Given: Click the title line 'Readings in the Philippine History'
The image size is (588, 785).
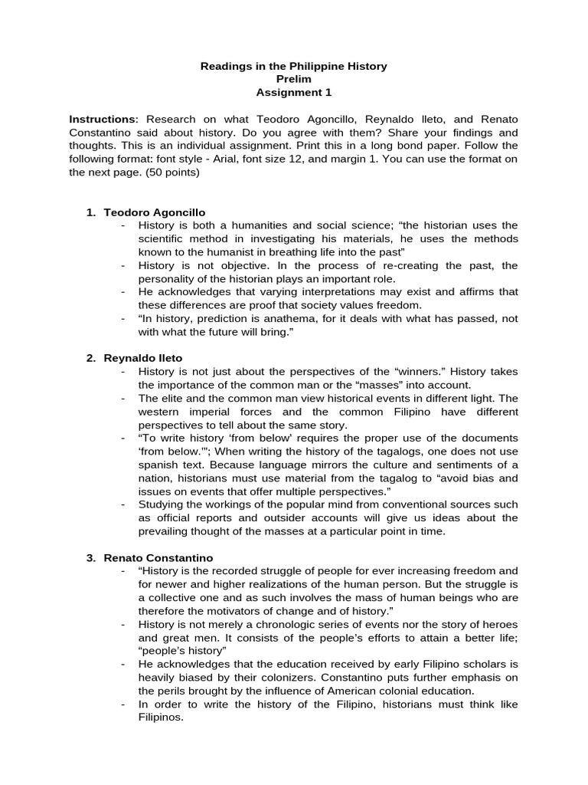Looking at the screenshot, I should tap(293, 67).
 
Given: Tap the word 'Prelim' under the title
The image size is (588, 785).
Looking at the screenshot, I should tap(293, 79).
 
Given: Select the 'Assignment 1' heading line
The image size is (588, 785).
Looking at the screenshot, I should tap(293, 92).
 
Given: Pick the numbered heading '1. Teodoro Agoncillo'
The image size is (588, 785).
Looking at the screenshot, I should tap(145, 212).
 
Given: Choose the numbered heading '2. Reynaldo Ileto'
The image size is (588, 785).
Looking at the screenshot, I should tap(135, 358).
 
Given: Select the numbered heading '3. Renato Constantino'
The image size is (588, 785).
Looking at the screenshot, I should tap(149, 557).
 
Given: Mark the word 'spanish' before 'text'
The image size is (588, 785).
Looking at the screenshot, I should tap(158, 464).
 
